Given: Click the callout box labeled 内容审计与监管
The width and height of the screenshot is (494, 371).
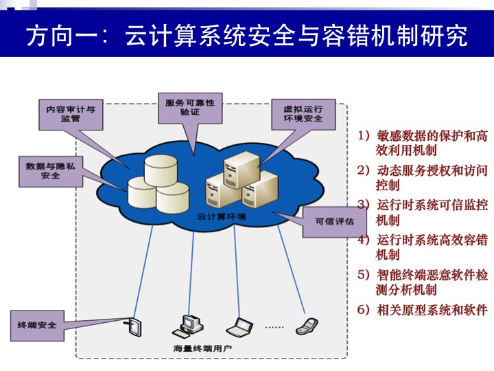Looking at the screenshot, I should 71,113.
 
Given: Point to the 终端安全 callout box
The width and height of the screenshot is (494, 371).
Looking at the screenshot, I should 33,324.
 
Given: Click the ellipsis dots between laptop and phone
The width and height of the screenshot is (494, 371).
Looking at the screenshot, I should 274,327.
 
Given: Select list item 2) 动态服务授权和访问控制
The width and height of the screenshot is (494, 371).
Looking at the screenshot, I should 423,177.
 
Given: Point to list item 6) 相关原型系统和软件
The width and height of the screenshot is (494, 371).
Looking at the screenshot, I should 423,309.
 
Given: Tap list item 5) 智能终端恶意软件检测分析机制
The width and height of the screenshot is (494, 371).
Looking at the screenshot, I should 423,282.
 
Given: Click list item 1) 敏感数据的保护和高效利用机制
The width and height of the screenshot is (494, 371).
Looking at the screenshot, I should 423,143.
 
